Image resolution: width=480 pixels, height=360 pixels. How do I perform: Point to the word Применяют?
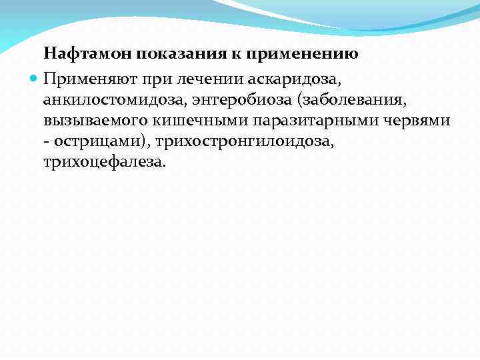(x=87, y=79)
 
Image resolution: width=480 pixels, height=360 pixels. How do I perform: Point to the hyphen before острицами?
(x=47, y=142)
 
